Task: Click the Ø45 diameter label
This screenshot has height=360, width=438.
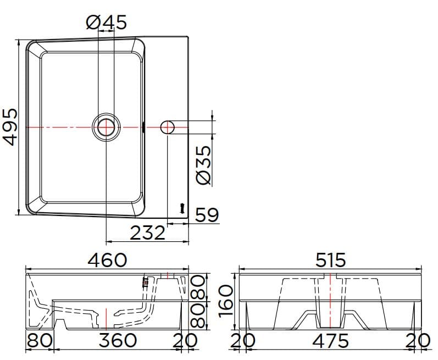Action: coord(107,22)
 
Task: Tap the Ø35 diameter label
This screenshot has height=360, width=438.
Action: coord(203,165)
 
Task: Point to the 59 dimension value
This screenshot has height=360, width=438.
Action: coord(207,215)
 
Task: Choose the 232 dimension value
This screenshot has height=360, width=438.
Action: coord(147,234)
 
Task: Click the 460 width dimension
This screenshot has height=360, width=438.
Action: coord(107,259)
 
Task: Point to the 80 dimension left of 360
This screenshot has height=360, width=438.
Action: coord(39,340)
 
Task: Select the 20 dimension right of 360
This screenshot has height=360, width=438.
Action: coord(184,340)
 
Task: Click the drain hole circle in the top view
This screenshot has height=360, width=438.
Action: coord(106,127)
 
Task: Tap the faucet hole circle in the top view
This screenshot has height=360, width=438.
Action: coord(168,128)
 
